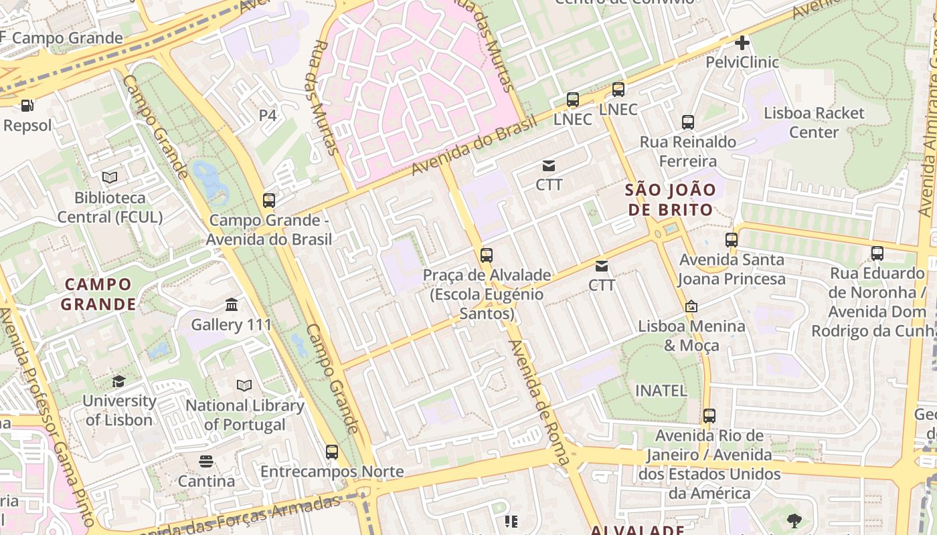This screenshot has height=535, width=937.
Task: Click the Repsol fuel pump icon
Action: tap(27, 106)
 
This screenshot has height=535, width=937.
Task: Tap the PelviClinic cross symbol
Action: tap(742, 43)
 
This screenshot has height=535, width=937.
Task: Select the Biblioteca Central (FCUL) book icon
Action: tap(110, 178)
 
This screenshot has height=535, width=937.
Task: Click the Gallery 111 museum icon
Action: tap(232, 305)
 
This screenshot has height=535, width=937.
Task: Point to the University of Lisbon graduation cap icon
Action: tap(118, 381)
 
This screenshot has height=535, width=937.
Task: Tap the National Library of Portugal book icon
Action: tap(244, 386)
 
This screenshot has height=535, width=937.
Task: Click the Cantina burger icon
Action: tap(205, 461)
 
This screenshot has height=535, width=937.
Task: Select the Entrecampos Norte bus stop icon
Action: tap(331, 451)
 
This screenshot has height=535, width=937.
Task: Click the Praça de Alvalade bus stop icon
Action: tap(487, 255)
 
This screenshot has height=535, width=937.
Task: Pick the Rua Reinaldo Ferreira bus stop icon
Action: tap(688, 122)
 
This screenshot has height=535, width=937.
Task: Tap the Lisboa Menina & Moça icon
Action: tap(691, 306)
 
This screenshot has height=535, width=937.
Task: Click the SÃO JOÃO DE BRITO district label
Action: tap(670, 199)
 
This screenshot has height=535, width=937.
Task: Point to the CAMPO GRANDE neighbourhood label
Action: tap(98, 294)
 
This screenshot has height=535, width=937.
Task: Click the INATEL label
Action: tap(661, 391)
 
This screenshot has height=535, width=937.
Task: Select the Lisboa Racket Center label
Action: tap(814, 122)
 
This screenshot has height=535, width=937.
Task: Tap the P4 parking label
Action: tap(268, 115)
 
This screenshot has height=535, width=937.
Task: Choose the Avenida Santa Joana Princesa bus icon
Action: tap(732, 239)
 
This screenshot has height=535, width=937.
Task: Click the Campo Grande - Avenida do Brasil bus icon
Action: tap(269, 200)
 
